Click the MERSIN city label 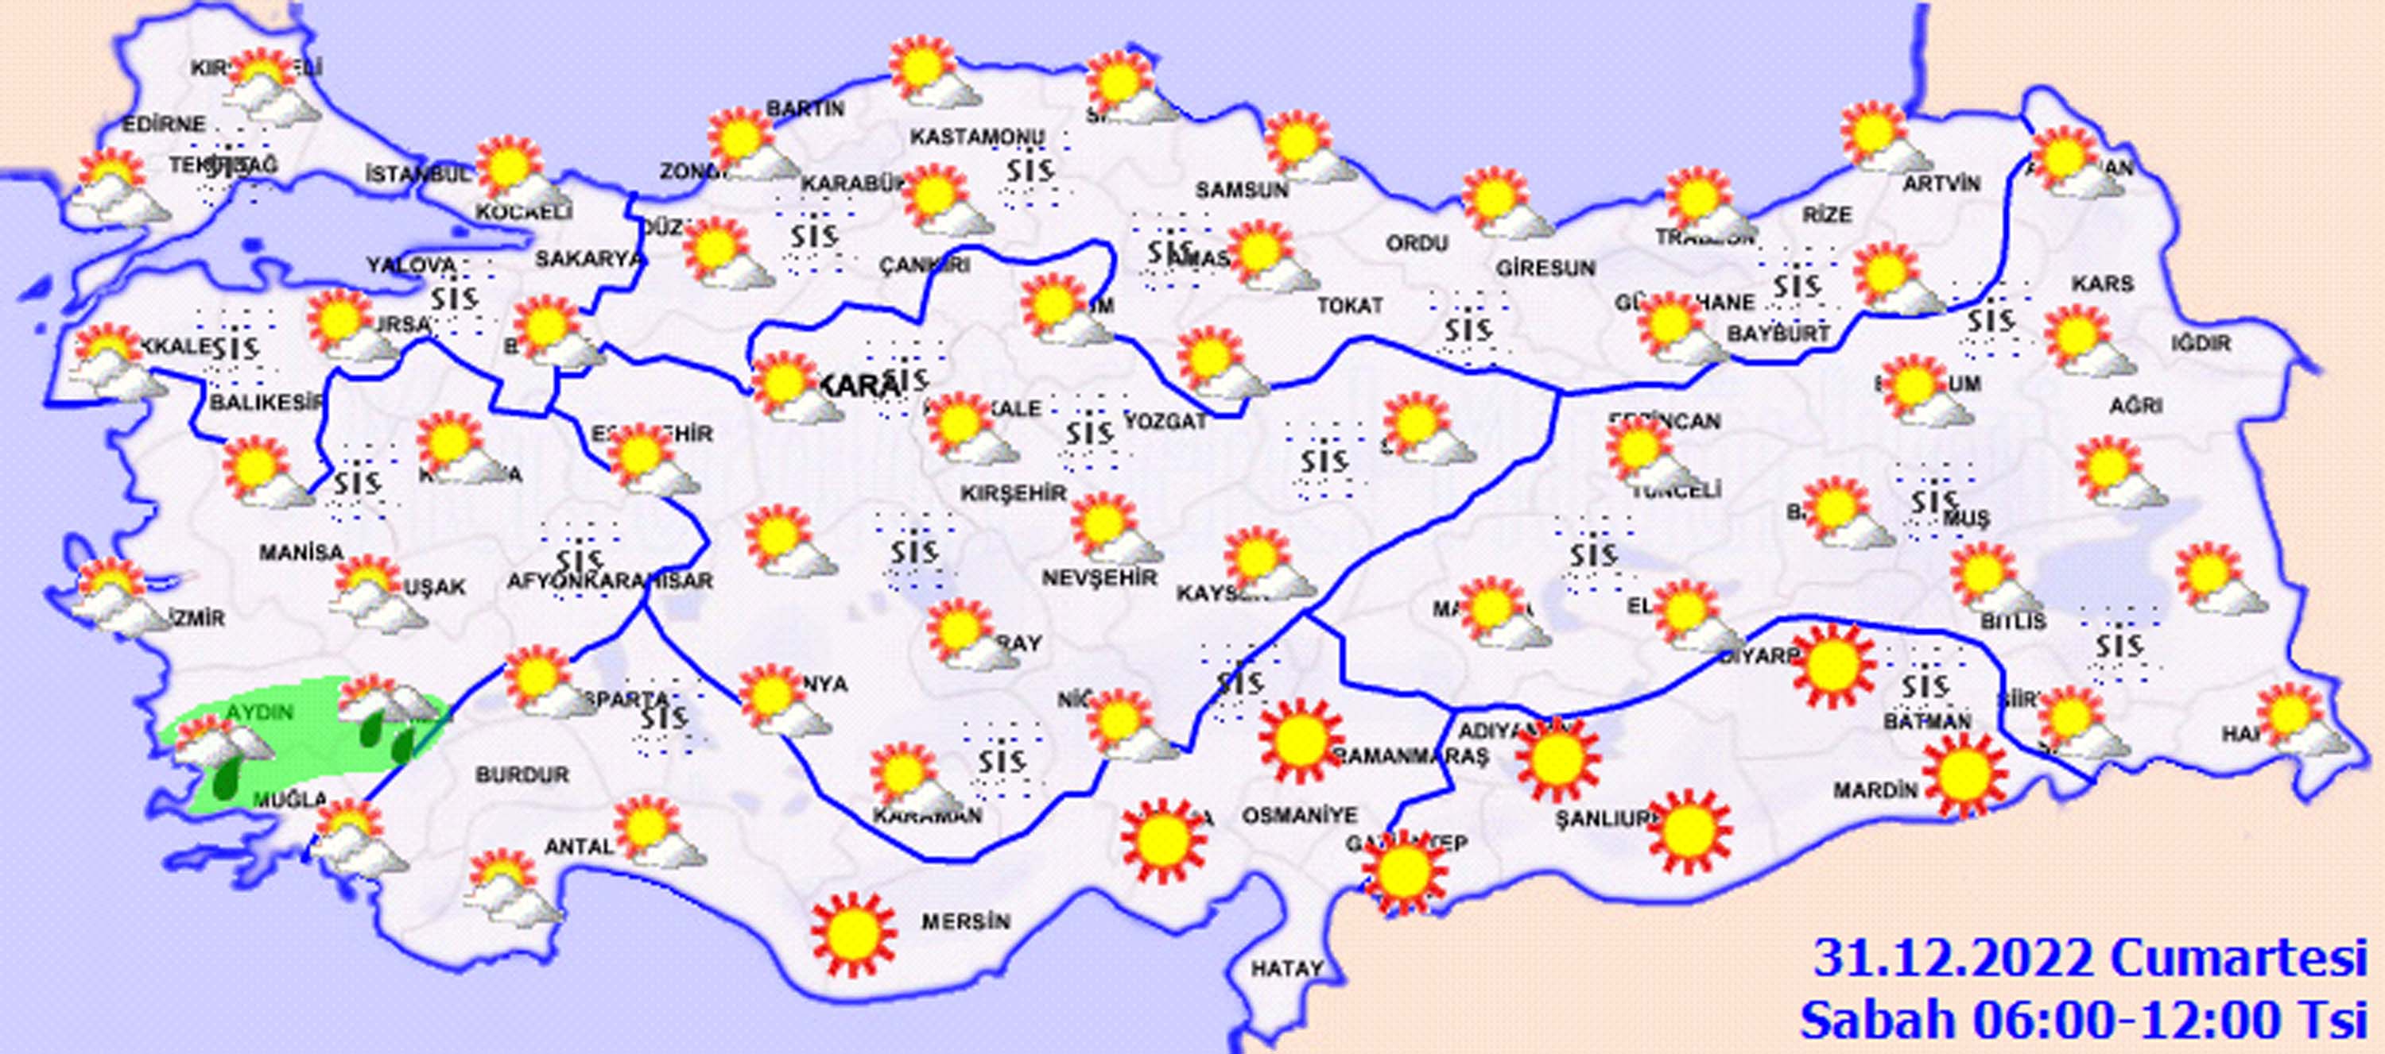pyautogui.click(x=965, y=921)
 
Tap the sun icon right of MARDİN pyautogui.click(x=1964, y=774)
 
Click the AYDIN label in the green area pyautogui.click(x=260, y=712)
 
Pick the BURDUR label pyautogui.click(x=522, y=774)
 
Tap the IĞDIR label pyautogui.click(x=2201, y=343)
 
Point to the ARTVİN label pyautogui.click(x=1941, y=184)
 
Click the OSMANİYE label pyautogui.click(x=1298, y=815)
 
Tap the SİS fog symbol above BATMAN pyautogui.click(x=1925, y=686)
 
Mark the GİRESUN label pyautogui.click(x=1545, y=268)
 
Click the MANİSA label pyautogui.click(x=301, y=554)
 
